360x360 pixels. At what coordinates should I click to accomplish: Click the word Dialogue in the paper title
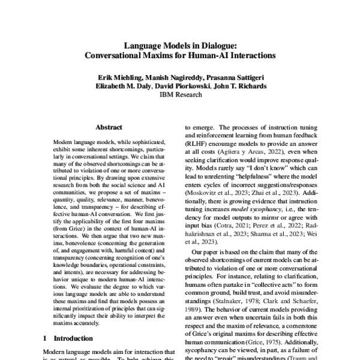pos(215,45)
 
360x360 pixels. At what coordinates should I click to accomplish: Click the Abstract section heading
pos(109,127)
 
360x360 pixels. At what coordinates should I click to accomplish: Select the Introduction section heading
pos(72,338)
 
